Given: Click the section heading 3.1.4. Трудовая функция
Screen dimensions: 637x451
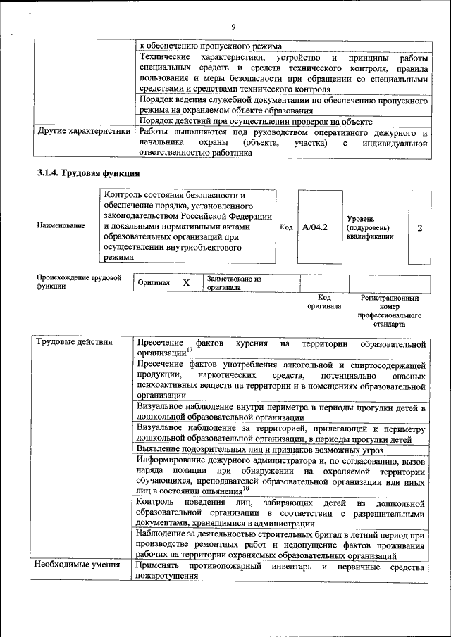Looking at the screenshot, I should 88,172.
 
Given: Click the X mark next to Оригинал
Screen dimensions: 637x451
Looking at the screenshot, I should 186,282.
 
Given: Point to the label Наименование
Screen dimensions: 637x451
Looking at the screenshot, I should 61,225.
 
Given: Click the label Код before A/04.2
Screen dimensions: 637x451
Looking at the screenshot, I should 286,227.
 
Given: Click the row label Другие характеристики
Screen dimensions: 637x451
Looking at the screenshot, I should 84,132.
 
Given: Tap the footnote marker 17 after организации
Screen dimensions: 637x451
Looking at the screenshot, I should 187,350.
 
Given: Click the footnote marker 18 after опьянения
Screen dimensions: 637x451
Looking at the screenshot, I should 245,488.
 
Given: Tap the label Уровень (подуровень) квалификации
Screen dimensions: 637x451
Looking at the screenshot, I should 369,227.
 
